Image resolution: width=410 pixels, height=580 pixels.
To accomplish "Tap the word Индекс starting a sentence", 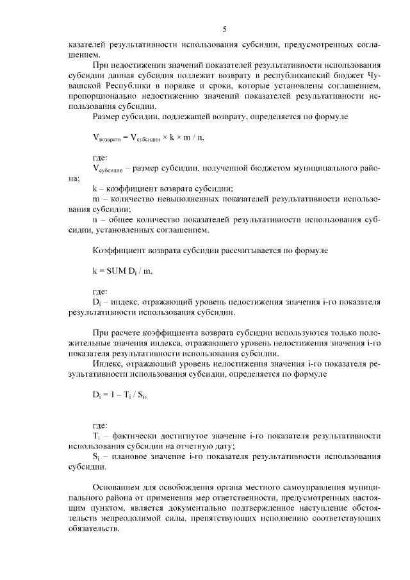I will click(108, 363).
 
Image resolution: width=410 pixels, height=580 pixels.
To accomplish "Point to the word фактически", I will click(132, 435).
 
